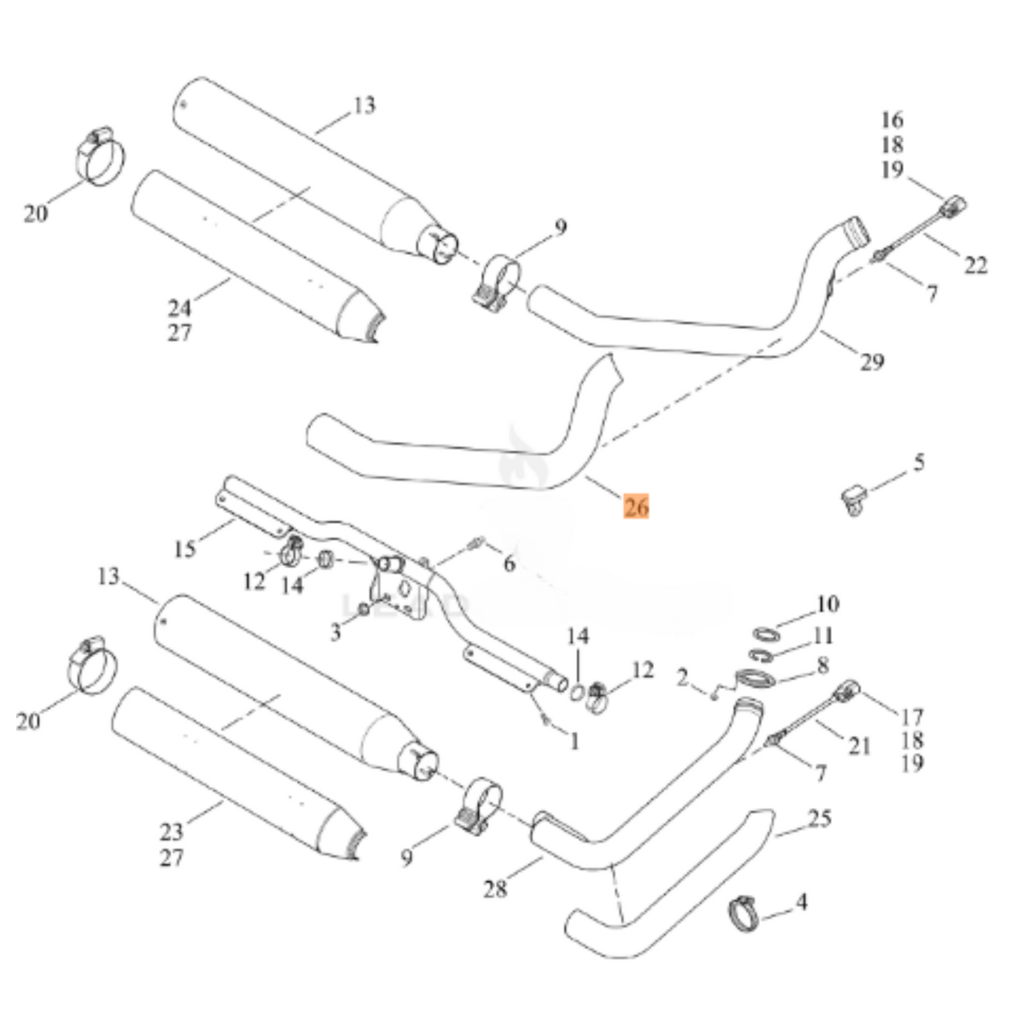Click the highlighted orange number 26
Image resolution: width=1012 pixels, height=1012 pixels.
(636, 506)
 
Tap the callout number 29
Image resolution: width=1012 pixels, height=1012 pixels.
(872, 361)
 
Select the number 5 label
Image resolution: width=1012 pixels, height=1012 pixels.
(919, 462)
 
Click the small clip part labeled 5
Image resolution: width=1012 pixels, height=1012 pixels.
(852, 499)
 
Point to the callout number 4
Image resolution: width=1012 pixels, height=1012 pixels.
(801, 902)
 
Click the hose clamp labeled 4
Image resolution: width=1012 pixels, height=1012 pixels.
(745, 913)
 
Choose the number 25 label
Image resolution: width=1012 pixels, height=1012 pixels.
(819, 818)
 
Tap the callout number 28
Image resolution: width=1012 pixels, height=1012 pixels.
(495, 889)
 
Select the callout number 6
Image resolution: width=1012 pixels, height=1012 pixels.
(509, 563)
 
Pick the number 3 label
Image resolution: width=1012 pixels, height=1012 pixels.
(336, 632)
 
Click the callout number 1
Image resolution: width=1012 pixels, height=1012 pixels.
(574, 741)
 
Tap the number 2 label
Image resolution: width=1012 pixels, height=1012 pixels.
(683, 677)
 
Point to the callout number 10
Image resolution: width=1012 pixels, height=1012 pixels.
(826, 604)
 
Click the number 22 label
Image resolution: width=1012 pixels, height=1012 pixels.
(976, 265)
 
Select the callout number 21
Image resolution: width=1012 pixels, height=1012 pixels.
(859, 747)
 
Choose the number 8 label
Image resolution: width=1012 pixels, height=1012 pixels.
(822, 665)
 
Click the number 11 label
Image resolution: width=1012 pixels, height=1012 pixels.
(824, 636)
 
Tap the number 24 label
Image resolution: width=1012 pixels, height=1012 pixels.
(180, 307)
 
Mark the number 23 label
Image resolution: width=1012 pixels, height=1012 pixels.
(172, 832)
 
